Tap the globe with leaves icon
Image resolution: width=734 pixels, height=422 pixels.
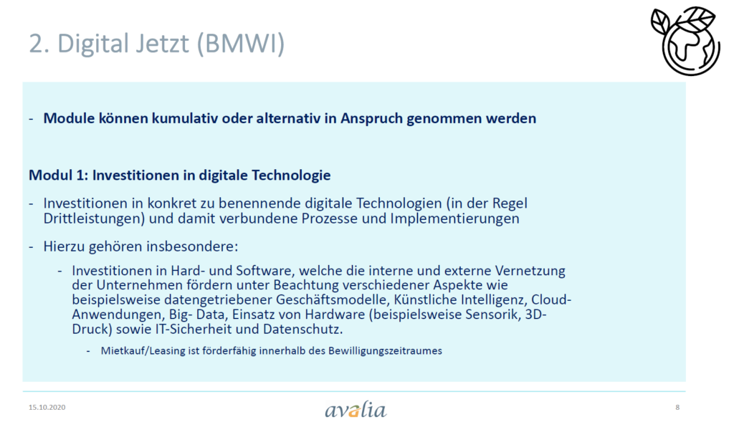[x=685, y=41]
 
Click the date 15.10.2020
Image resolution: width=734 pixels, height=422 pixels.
[x=47, y=407]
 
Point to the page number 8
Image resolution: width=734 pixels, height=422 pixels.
[x=677, y=407]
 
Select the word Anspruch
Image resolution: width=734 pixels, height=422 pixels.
[x=371, y=119]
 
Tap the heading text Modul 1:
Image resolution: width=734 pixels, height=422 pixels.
[x=59, y=175]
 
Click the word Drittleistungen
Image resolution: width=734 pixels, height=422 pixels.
[x=94, y=219]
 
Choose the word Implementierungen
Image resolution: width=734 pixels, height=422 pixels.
[x=454, y=219]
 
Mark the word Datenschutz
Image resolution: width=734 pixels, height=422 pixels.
[x=302, y=329]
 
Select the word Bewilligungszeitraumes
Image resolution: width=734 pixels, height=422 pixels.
[x=385, y=351]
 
